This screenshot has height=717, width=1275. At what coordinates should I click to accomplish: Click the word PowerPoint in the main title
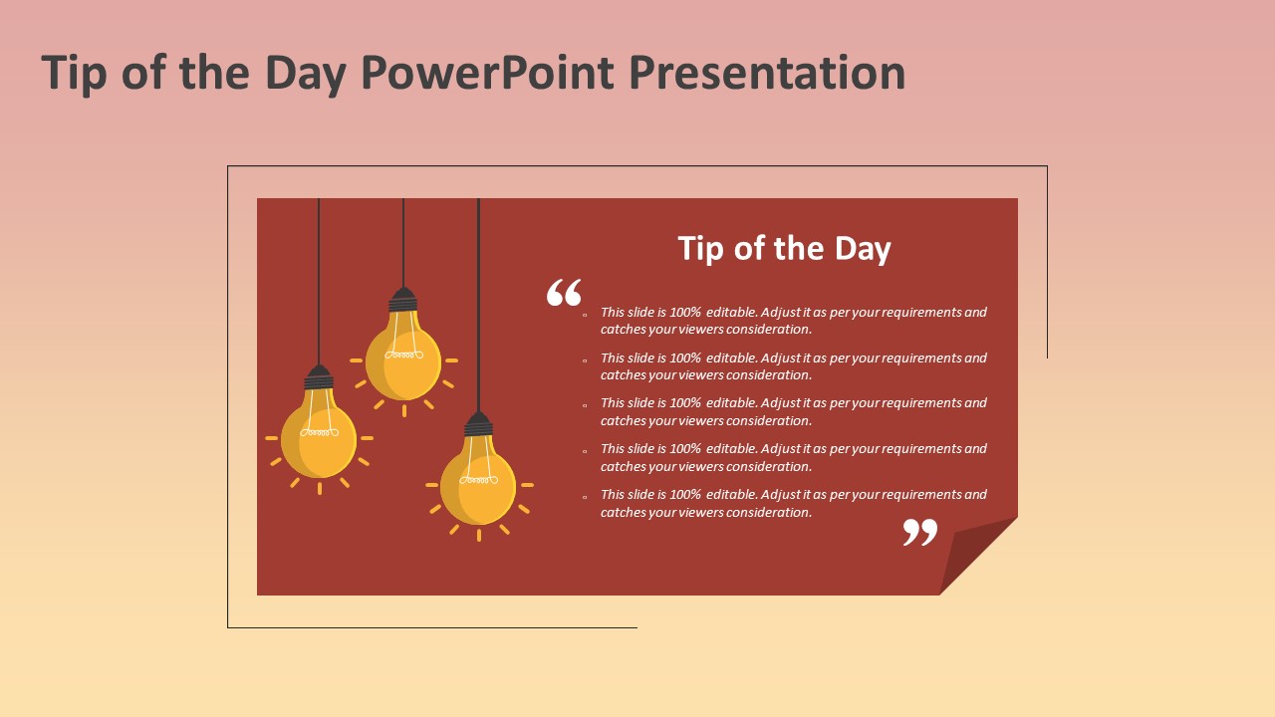click(488, 73)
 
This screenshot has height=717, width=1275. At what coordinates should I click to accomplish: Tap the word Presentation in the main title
click(767, 73)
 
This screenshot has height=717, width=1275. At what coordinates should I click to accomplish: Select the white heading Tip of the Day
click(784, 249)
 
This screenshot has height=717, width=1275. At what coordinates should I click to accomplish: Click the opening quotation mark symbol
click(564, 292)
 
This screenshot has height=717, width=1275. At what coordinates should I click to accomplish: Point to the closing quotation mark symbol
click(919, 532)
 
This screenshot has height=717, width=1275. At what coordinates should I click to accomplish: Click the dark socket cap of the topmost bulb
click(403, 300)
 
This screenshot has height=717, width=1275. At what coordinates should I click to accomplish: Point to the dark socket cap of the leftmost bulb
click(319, 377)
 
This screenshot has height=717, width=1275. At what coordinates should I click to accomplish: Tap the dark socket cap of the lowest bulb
click(478, 424)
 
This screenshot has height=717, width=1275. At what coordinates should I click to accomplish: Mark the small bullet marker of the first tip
click(585, 314)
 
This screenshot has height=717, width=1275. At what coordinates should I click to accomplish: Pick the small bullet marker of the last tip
click(585, 497)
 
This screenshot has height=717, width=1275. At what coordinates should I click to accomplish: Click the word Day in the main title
click(306, 74)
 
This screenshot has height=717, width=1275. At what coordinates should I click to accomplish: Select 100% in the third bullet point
click(684, 403)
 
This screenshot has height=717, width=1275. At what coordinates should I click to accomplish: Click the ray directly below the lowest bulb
click(479, 535)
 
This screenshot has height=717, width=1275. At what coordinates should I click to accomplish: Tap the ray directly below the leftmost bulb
click(320, 488)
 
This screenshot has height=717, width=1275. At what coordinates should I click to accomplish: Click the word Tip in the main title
click(74, 74)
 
